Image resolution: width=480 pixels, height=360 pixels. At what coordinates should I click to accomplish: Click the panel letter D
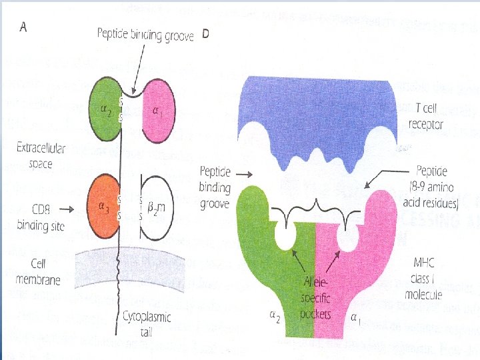pyautogui.click(x=205, y=35)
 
